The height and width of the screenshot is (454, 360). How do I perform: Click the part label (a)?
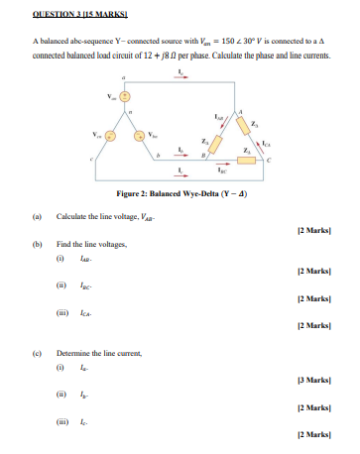[x=36, y=215]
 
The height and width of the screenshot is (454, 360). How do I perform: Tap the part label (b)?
[x=36, y=242]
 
